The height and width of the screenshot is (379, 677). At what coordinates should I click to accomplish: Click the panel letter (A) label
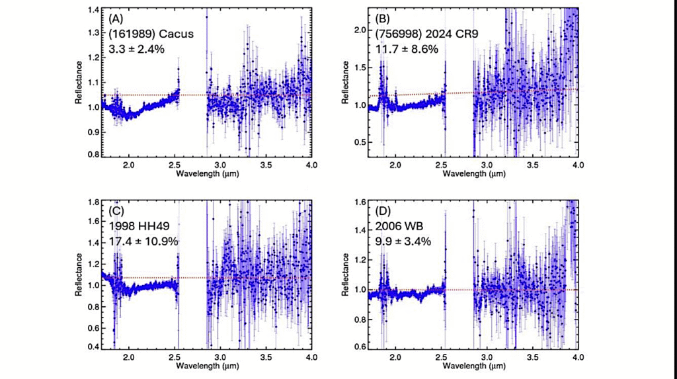pyautogui.click(x=117, y=19)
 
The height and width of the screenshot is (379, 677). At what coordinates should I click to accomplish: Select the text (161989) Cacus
pyautogui.click(x=151, y=34)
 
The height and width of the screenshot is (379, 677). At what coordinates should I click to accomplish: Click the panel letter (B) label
pyautogui.click(x=384, y=19)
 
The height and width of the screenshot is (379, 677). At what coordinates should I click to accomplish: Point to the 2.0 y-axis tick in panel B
pyautogui.click(x=360, y=30)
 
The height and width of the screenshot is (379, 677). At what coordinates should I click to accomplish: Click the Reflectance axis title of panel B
pyautogui.click(x=344, y=82)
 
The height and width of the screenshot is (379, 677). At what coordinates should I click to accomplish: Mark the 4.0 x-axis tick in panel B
pyautogui.click(x=577, y=165)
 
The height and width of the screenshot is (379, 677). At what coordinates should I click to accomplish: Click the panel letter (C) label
pyautogui.click(x=117, y=211)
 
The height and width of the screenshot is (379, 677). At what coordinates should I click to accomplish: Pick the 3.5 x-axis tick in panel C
pyautogui.click(x=266, y=357)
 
